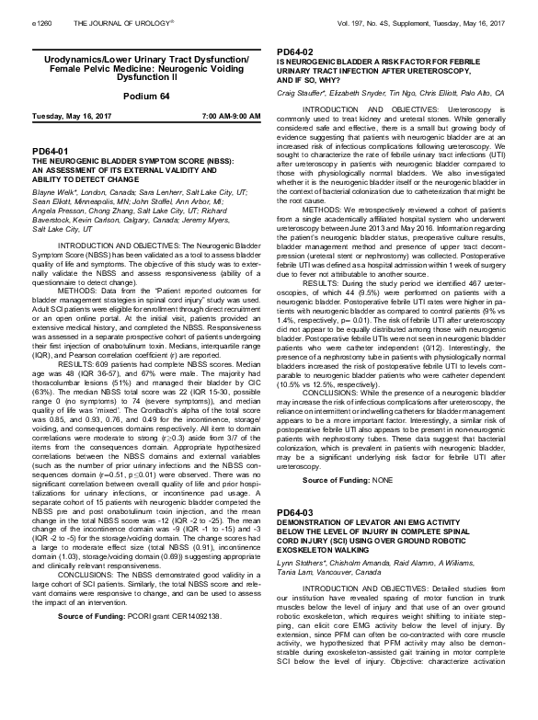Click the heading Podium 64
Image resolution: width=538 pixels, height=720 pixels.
[x=133, y=96]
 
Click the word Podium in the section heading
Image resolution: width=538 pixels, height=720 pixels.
[x=121, y=96]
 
